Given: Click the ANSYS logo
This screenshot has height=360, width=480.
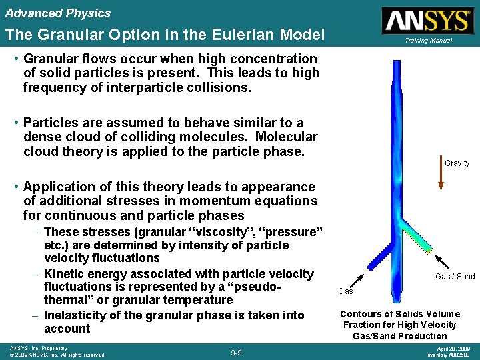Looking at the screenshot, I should pos(427,21).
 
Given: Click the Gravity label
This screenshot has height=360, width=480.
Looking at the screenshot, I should pos(457,163).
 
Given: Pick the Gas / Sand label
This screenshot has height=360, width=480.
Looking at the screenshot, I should pos(455,277).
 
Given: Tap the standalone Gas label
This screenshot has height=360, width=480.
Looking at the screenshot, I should pos(345,291).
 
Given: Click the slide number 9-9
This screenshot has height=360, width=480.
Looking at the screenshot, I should pos(235,352).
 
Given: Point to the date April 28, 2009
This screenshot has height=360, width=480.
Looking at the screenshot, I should pos(447,348).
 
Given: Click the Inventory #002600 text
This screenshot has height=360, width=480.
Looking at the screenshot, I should pos(448,355).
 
